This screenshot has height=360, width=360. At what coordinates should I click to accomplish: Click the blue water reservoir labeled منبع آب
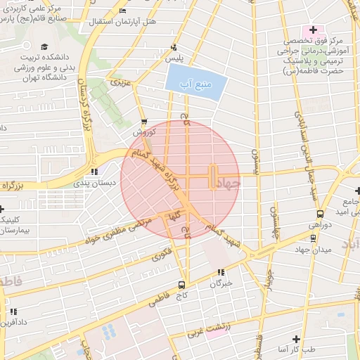pyautogui.click(x=197, y=84)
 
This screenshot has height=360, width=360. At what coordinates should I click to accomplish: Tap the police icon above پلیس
pyautogui.click(x=175, y=48)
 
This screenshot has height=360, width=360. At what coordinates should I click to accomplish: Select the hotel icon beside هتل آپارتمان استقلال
pyautogui.click(x=123, y=11)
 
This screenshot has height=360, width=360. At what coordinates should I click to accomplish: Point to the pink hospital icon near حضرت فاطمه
pyautogui.click(x=311, y=31)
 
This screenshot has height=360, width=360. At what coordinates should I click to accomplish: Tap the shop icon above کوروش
pyautogui.click(x=144, y=121)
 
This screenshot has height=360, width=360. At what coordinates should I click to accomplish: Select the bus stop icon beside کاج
pyautogui.click(x=182, y=285)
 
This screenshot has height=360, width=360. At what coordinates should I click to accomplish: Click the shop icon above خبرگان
pyautogui.click(x=221, y=272)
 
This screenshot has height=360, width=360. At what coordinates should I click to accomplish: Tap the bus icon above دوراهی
pyautogui.click(x=320, y=214)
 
